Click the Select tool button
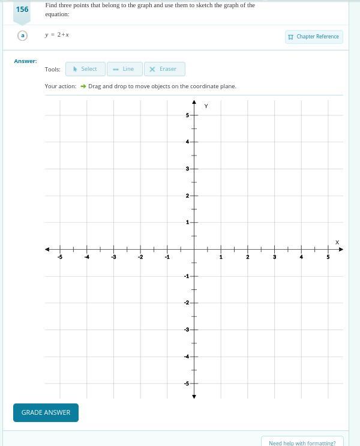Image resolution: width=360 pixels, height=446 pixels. [85, 69]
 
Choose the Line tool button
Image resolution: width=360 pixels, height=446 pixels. [124, 69]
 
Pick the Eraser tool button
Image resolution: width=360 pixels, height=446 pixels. [164, 69]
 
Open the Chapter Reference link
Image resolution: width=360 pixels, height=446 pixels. [314, 37]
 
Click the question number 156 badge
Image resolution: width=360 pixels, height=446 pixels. [22, 10]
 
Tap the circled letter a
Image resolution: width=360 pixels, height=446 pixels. [23, 35]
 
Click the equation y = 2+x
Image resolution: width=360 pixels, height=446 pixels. [57, 35]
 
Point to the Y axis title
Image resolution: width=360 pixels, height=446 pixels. [206, 106]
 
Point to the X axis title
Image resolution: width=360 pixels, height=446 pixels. [337, 243]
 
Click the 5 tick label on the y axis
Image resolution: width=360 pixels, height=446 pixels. [187, 115]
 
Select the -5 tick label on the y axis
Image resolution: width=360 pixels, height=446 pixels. [186, 384]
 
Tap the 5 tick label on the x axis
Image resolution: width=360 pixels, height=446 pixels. [328, 257]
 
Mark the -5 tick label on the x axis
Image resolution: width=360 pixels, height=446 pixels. [60, 257]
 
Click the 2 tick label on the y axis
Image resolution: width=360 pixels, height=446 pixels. [187, 196]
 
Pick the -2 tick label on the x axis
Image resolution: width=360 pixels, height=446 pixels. [140, 257]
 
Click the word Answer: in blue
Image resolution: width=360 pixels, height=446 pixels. [25, 61]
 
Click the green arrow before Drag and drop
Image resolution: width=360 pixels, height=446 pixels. [83, 86]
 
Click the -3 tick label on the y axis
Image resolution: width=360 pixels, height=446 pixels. [186, 330]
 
